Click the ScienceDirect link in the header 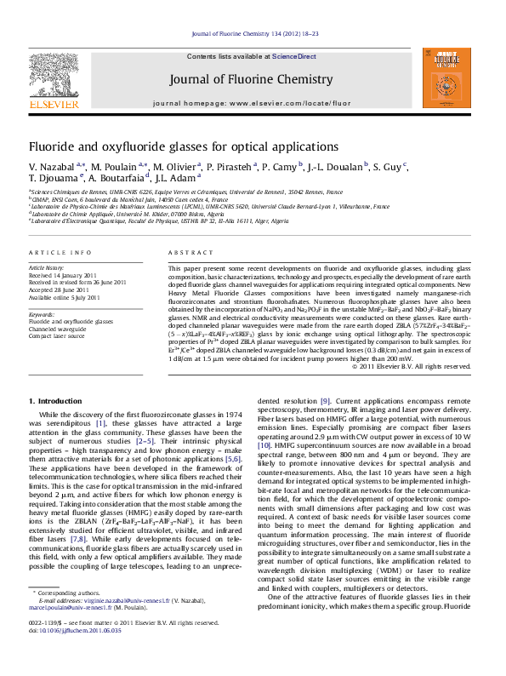pos(294,56)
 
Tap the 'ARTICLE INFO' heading pos(60,254)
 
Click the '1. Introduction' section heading pos(55,400)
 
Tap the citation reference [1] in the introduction pos(100,423)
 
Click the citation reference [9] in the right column pos(325,400)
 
